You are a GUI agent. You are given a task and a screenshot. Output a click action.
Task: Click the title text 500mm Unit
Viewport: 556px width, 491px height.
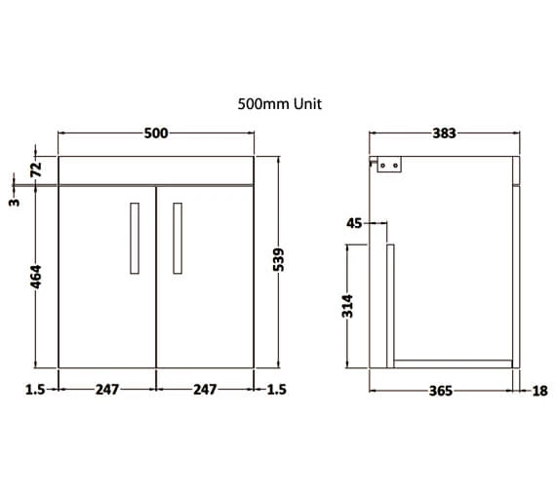279,102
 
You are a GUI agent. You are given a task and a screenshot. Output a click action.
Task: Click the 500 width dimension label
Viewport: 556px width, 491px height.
156,132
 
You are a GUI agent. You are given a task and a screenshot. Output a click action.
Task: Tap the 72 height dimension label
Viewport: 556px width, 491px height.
36,168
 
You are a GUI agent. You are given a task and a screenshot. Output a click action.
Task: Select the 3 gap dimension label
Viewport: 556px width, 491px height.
15,203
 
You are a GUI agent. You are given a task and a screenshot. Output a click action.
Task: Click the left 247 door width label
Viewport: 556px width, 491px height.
107,390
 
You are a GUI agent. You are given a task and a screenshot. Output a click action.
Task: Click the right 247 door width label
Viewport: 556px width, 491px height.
205,390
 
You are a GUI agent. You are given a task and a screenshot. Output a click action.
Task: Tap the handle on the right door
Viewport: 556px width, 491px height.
178,239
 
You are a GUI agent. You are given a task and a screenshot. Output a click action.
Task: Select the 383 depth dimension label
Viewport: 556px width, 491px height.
444,132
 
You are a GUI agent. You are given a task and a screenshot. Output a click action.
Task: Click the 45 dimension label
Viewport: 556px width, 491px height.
353,223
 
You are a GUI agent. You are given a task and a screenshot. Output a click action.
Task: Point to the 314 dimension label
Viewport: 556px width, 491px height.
347,305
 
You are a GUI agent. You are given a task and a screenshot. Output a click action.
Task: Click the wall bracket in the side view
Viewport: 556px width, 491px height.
391,167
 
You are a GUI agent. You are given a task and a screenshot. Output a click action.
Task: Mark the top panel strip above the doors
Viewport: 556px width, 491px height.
156,169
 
